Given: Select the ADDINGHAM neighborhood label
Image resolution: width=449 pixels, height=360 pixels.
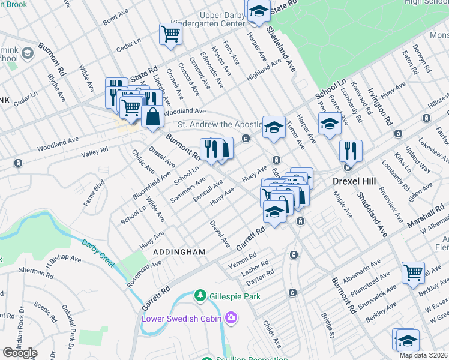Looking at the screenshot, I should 179,252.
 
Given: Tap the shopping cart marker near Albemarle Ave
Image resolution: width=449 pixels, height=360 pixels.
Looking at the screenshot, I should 413,272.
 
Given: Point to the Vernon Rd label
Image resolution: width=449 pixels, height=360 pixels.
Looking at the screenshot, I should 242,264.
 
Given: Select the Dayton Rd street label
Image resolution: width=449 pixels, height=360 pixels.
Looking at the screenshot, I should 260,279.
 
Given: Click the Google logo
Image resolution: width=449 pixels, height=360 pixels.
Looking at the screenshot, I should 20,353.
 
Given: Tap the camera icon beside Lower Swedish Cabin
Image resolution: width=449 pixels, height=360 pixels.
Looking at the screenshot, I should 232,318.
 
